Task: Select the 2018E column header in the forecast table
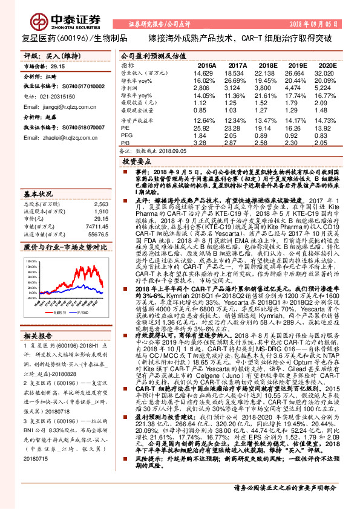pyautogui.click(x=267, y=64)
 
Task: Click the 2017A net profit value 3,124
pyautogui.click(x=237, y=88)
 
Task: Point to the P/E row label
pyautogui.click(x=125, y=129)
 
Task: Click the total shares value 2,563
pyautogui.click(x=101, y=204)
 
